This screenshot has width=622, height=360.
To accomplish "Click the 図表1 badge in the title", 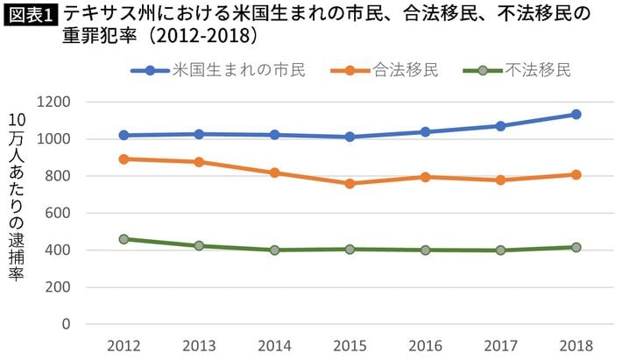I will tap(29, 15).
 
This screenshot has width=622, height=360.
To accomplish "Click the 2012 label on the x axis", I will tap(124, 345).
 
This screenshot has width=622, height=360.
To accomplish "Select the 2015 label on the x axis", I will tap(350, 345).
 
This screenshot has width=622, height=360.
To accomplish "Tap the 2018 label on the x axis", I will tap(576, 345).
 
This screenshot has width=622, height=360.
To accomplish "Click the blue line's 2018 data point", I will tap(576, 115).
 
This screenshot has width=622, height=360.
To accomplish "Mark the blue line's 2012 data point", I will tap(124, 135).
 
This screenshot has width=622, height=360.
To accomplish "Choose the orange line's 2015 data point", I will tap(350, 183).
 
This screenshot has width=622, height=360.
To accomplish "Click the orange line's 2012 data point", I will tap(124, 159).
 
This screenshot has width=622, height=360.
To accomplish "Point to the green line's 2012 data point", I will tap(124, 239).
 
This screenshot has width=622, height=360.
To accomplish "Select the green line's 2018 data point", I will tap(576, 247).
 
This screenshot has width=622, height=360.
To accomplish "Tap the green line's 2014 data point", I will tap(274, 250).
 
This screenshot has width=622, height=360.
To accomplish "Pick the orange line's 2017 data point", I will tap(500, 180).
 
